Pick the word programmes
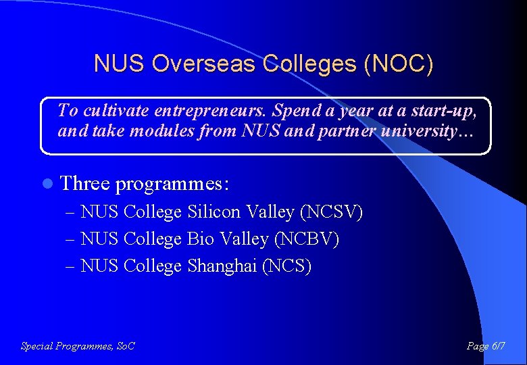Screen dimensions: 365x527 click(172, 185)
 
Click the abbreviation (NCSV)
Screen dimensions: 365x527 click(332, 212)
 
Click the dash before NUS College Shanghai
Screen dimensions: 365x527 click(72, 266)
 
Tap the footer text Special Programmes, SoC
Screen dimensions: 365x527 click(78, 346)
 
